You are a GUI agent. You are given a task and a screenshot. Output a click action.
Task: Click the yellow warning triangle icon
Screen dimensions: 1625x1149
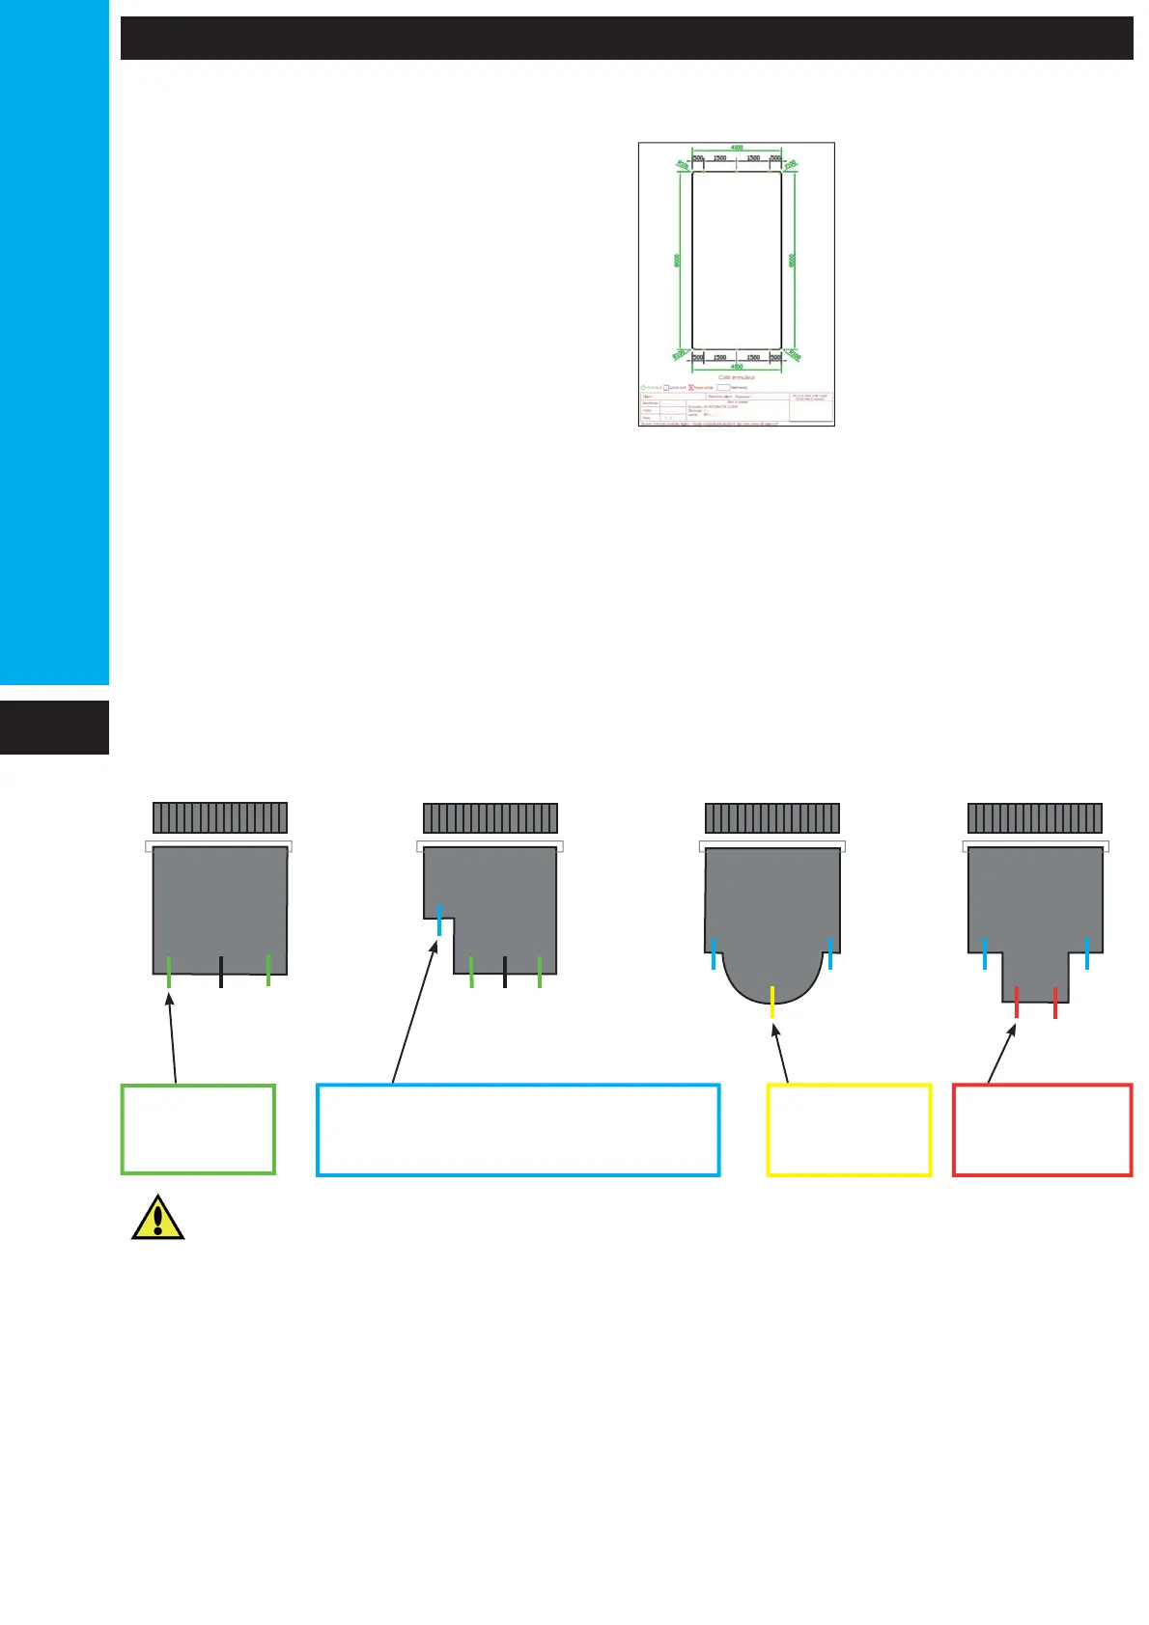pyautogui.click(x=157, y=1218)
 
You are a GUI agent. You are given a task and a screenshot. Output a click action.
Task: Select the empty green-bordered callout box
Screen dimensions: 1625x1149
pyautogui.click(x=198, y=1129)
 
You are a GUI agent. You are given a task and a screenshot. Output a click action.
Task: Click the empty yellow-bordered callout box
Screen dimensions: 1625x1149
pyautogui.click(x=849, y=1129)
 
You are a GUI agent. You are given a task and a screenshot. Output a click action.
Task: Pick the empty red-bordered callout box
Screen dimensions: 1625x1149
pyautogui.click(x=1042, y=1129)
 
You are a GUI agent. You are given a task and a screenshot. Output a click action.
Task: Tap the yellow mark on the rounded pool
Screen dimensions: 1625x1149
pyautogui.click(x=772, y=1002)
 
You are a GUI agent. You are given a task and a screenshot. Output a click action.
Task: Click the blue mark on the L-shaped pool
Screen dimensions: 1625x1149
pyautogui.click(x=439, y=919)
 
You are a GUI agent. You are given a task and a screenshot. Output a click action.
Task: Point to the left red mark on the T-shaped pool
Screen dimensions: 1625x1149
pyautogui.click(x=1017, y=1002)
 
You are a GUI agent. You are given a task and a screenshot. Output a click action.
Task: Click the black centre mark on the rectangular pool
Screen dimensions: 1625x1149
pyautogui.click(x=221, y=971)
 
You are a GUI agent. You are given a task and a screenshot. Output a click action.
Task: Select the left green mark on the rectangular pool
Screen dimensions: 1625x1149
pyautogui.click(x=169, y=971)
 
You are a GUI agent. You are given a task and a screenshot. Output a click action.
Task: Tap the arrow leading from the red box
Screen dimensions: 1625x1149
pyautogui.click(x=1002, y=1054)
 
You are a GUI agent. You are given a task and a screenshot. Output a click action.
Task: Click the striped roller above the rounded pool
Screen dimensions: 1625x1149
pyautogui.click(x=772, y=818)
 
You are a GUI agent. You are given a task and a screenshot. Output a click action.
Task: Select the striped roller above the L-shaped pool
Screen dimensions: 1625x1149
pyautogui.click(x=490, y=818)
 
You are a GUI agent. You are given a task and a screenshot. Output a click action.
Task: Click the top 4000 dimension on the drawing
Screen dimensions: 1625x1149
pyautogui.click(x=737, y=148)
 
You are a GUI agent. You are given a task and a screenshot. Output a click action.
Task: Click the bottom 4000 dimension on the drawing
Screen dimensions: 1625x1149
pyautogui.click(x=737, y=367)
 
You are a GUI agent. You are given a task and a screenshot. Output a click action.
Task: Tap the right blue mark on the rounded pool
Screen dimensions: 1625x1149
pyautogui.click(x=829, y=952)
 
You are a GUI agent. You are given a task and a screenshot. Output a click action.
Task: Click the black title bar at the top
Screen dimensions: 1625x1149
pyautogui.click(x=627, y=39)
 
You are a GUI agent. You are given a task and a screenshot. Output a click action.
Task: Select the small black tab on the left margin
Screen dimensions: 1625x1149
pyautogui.click(x=54, y=728)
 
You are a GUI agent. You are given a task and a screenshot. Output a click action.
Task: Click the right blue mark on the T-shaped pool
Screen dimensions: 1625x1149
pyautogui.click(x=1087, y=952)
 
